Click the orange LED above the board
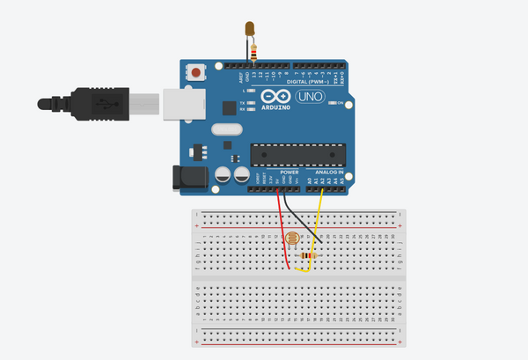252,30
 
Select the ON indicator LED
330,103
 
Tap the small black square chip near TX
244,107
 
